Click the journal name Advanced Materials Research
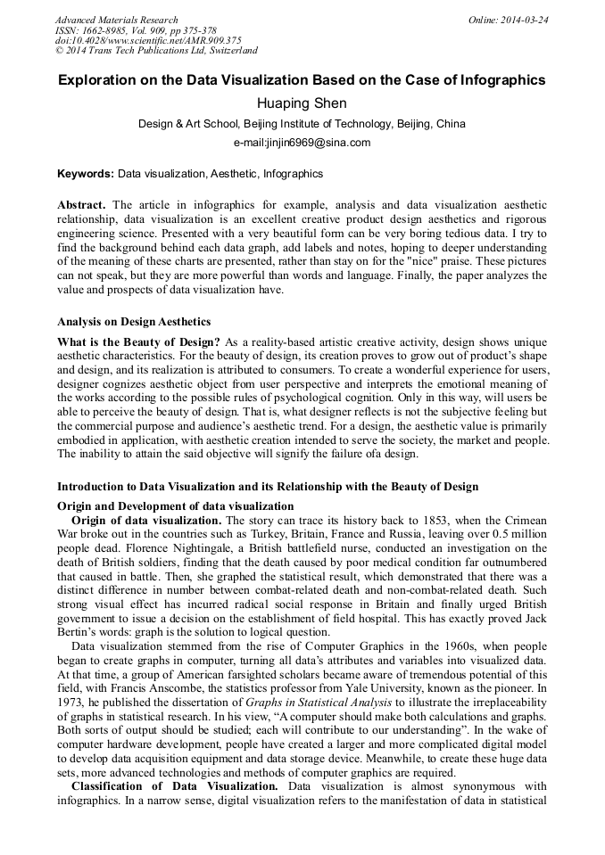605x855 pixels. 116,20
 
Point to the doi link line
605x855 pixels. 148,41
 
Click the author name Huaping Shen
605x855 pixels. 302,103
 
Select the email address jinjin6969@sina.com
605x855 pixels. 302,143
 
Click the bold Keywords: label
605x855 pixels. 86,174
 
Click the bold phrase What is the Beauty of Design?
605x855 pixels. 138,343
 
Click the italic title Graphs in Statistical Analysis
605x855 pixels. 320,703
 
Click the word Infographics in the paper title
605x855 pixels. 500,80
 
